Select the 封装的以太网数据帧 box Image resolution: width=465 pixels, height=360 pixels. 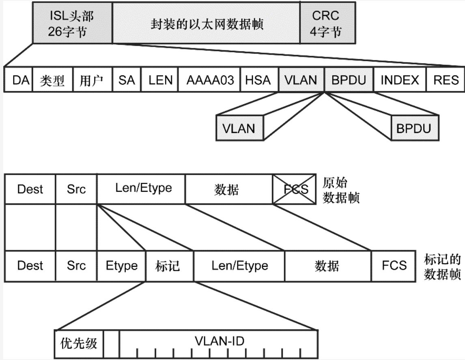206,23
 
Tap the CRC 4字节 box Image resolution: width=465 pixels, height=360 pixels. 327,23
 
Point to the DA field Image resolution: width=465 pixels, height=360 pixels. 18,80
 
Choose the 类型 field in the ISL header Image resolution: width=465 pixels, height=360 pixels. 52,80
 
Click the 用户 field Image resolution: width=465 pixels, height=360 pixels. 91,80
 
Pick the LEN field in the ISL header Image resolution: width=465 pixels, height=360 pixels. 160,80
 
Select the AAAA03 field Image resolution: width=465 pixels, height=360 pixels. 210,80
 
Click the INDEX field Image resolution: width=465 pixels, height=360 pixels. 400,80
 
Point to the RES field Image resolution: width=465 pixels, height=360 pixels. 445,80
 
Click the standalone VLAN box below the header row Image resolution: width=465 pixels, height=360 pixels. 239,128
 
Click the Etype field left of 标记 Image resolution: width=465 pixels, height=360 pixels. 121,266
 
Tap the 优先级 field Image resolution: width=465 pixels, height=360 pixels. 80,343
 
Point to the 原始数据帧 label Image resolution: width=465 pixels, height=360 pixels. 340,190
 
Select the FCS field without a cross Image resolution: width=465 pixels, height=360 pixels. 394,266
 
